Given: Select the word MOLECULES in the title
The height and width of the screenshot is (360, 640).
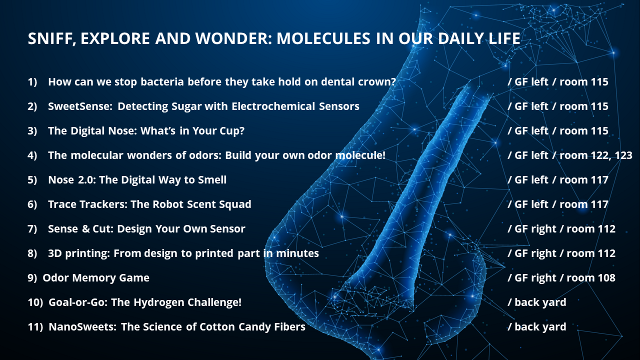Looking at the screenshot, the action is point(323,38).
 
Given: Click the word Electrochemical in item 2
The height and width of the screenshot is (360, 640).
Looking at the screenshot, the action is point(273,106).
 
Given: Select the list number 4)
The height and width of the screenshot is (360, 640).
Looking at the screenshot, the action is point(32,155).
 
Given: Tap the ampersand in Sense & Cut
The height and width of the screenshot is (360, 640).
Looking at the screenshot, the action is point(85,229).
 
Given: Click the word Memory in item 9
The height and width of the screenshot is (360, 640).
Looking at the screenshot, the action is point(94,277).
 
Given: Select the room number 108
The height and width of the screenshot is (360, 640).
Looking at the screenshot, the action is point(605,278).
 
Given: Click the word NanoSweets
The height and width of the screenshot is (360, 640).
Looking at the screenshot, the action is point(82,327).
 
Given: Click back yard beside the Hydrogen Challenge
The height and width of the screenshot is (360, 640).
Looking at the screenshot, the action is point(540,302).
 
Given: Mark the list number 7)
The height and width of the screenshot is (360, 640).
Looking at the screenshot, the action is point(32,229).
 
